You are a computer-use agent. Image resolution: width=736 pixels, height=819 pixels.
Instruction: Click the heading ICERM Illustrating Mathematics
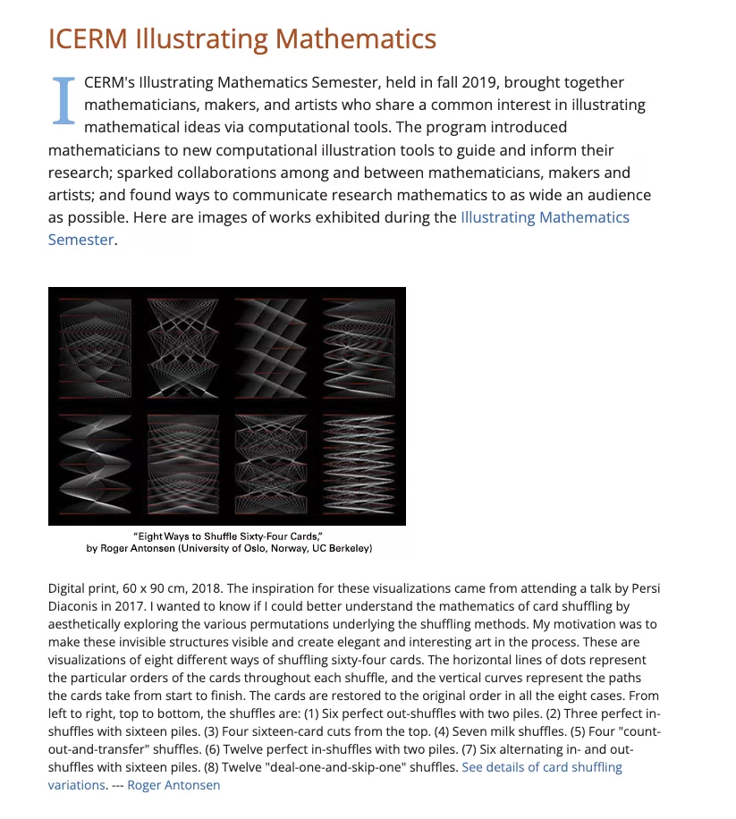click(x=241, y=39)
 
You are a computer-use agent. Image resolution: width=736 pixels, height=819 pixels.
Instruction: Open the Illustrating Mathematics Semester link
click(x=544, y=217)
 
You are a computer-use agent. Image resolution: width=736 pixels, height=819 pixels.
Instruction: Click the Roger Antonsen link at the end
click(x=173, y=785)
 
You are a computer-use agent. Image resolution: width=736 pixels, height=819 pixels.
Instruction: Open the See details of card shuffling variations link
click(x=542, y=767)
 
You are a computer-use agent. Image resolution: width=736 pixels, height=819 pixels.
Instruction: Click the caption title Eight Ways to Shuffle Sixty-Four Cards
click(x=227, y=536)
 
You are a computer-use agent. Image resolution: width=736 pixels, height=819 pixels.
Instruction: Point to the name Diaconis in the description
click(x=74, y=606)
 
